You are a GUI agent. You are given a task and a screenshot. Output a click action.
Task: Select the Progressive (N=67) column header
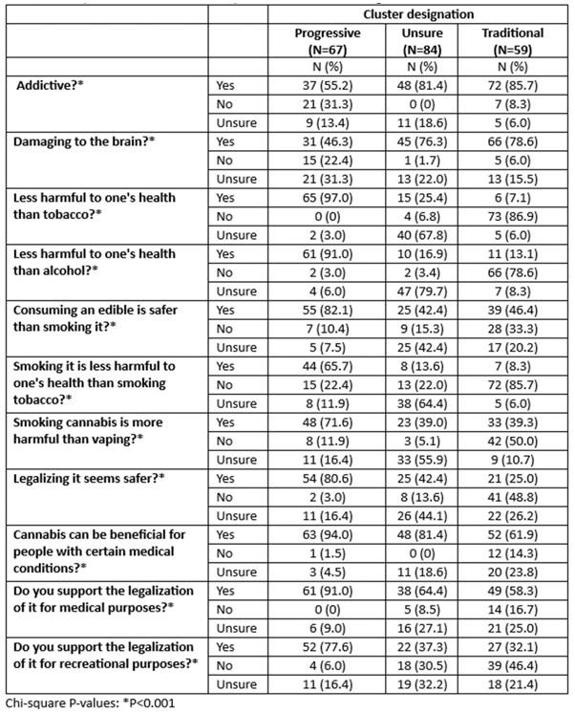[328, 40]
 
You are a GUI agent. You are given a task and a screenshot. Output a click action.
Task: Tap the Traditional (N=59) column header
[513, 40]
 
